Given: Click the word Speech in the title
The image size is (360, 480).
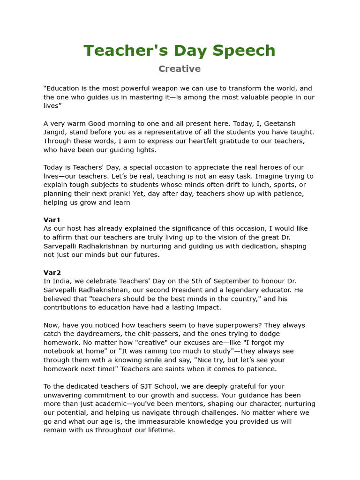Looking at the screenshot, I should click(x=244, y=51).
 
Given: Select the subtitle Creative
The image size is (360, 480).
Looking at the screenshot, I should click(x=180, y=69).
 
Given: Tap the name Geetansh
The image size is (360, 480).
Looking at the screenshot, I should click(x=280, y=124).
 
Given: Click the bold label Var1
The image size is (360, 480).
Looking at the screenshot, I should click(x=52, y=220).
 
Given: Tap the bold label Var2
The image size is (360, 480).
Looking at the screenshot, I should click(x=52, y=272).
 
